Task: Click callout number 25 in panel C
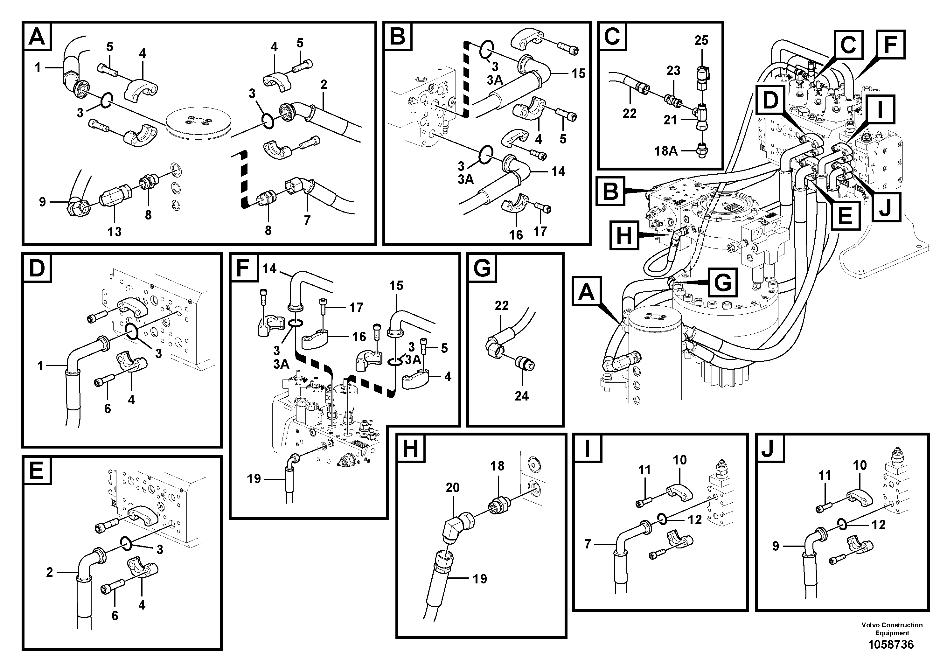pos(701,40)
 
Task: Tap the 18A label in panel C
pos(666,151)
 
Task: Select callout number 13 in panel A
pos(115,232)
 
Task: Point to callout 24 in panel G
pos(521,396)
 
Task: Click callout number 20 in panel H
pos(452,488)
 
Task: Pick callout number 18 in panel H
pos(498,466)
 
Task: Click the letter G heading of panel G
pos(482,269)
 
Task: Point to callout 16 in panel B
pos(516,235)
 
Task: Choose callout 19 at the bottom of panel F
pos(254,478)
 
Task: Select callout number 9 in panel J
pos(776,546)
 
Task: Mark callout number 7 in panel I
pos(588,544)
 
